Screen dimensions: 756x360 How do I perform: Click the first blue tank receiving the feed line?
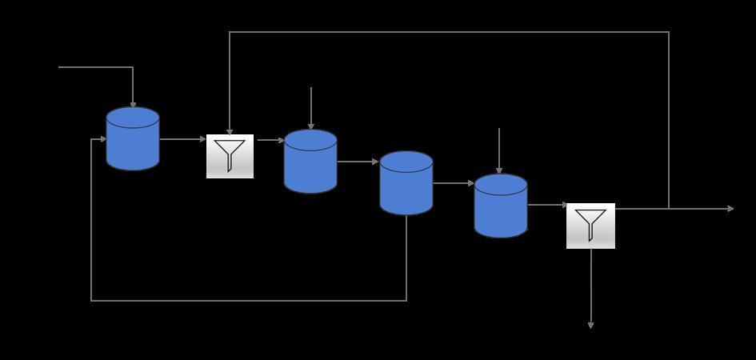133,139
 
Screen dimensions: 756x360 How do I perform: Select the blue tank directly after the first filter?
310,162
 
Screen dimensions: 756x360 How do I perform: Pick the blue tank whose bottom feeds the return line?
406,183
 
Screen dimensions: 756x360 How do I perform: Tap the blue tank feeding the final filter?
501,206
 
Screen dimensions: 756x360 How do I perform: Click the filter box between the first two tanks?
230,156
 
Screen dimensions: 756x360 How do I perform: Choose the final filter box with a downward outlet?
591,226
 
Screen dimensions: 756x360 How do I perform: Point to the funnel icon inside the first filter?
230,154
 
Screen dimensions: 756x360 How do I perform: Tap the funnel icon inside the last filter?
591,224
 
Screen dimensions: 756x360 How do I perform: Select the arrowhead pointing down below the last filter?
591,325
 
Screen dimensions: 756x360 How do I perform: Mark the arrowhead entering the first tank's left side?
103,139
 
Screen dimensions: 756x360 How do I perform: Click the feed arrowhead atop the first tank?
133,104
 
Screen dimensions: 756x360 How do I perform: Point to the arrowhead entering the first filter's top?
230,131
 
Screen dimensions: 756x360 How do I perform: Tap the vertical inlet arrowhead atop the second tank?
311,126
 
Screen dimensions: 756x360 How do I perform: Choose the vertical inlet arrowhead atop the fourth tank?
499,170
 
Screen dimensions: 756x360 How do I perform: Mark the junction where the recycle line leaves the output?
669,209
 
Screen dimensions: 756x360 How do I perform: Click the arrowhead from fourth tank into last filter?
564,206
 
